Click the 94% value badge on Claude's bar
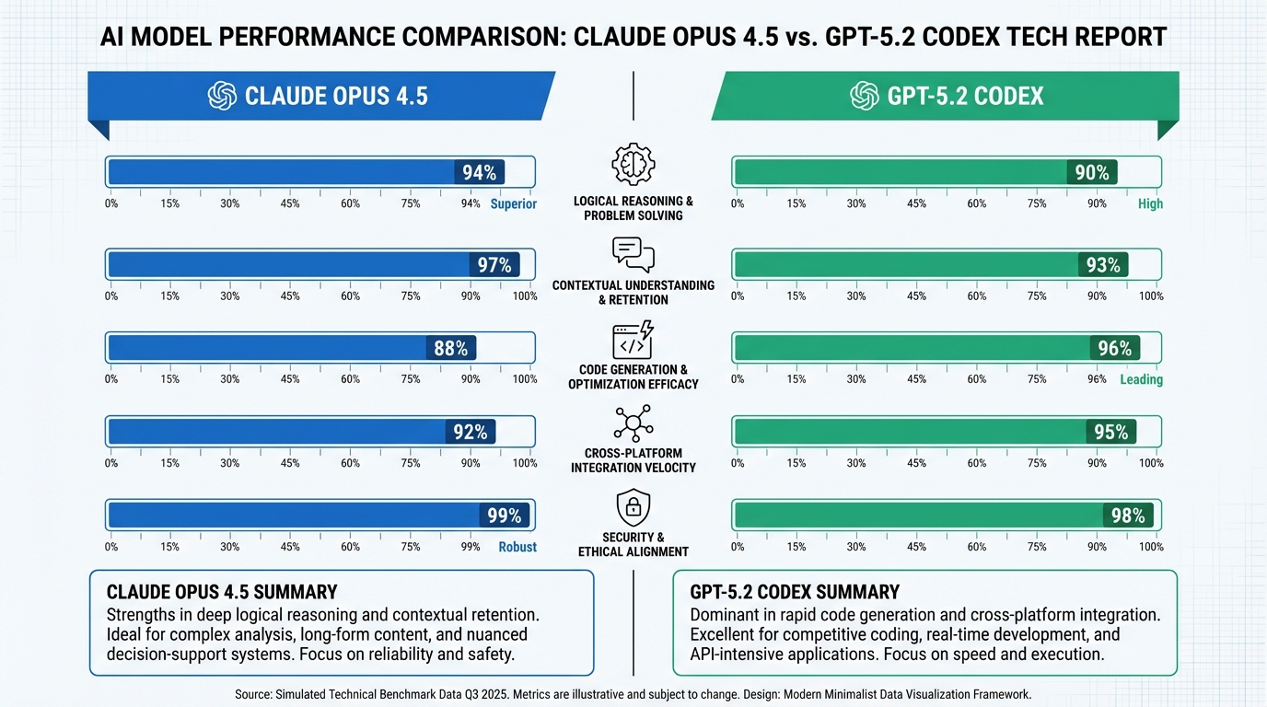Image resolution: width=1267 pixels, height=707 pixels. [480, 172]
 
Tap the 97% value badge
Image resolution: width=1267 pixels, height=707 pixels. [494, 265]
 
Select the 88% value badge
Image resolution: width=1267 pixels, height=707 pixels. [451, 348]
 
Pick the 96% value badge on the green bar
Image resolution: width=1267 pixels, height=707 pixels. [1115, 348]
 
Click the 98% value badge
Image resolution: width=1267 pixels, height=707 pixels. [1128, 516]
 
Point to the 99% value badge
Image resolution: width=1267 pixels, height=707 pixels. [504, 516]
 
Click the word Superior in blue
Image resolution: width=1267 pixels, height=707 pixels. [513, 203]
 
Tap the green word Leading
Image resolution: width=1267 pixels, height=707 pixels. [1141, 379]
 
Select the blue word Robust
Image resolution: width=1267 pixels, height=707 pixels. [517, 547]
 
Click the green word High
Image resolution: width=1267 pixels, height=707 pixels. [1150, 203]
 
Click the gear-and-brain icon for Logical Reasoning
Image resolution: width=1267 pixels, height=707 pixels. [633, 165]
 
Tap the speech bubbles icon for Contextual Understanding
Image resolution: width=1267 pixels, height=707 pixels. [633, 254]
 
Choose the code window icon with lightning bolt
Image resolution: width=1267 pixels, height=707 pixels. [633, 340]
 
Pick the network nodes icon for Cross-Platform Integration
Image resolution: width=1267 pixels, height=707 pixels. [633, 423]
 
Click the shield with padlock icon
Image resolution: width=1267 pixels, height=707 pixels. [633, 507]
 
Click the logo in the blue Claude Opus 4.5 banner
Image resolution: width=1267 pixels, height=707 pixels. [223, 96]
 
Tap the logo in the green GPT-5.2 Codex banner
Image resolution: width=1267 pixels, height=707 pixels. [864, 96]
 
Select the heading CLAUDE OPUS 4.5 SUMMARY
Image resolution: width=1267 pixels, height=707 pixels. [222, 592]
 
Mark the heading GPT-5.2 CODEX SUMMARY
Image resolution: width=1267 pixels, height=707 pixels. [795, 592]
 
